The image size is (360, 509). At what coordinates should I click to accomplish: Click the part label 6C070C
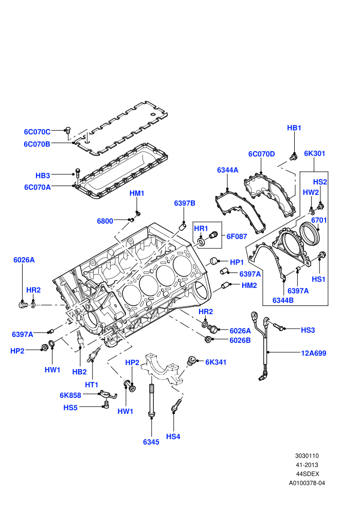(x=37, y=132)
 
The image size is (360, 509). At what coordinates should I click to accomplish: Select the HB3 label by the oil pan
(x=43, y=176)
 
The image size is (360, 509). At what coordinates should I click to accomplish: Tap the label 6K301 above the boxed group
(x=315, y=154)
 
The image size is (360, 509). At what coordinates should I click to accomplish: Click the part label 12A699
(x=314, y=353)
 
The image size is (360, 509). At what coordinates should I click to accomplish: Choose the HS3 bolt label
(x=308, y=330)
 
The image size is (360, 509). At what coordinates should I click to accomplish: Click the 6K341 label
(x=216, y=362)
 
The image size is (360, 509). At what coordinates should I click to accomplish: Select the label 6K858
(x=70, y=395)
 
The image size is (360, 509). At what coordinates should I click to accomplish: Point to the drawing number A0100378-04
(x=307, y=483)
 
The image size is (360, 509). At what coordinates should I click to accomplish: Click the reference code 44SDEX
(x=308, y=474)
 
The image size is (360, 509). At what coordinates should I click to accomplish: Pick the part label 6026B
(x=240, y=340)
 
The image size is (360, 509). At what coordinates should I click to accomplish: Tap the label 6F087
(x=237, y=237)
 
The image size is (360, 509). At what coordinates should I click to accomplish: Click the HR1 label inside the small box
(x=201, y=228)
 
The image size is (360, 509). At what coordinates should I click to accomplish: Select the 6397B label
(x=185, y=203)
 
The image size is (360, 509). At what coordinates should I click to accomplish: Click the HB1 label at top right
(x=294, y=128)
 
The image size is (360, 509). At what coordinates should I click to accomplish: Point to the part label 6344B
(x=283, y=300)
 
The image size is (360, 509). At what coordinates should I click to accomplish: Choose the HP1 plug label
(x=237, y=262)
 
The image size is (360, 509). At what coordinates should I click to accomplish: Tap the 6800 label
(x=105, y=221)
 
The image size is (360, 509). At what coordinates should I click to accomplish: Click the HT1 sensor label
(x=92, y=385)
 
